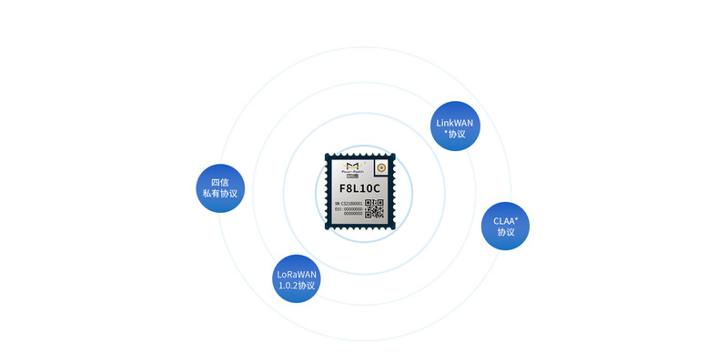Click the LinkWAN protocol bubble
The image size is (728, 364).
pyautogui.click(x=455, y=127)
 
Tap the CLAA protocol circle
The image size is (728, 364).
pyautogui.click(x=505, y=226)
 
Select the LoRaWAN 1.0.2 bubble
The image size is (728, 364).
pyautogui.click(x=297, y=279)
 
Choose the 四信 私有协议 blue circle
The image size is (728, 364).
pyautogui.click(x=220, y=187)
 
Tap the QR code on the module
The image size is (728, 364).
pyautogui.click(x=375, y=208)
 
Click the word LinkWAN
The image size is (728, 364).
pyautogui.click(x=455, y=122)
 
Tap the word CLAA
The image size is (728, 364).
pyautogui.click(x=505, y=220)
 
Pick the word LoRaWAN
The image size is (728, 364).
pyautogui.click(x=297, y=273)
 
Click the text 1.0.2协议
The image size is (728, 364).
pyautogui.click(x=297, y=286)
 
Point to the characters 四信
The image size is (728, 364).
pyautogui.click(x=220, y=181)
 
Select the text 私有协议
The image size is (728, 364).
pyautogui.click(x=220, y=194)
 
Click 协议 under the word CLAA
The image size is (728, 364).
pyautogui.click(x=505, y=232)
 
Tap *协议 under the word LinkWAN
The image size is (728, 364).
pyautogui.click(x=455, y=134)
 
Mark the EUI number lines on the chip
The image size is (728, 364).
pyautogui.click(x=349, y=211)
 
